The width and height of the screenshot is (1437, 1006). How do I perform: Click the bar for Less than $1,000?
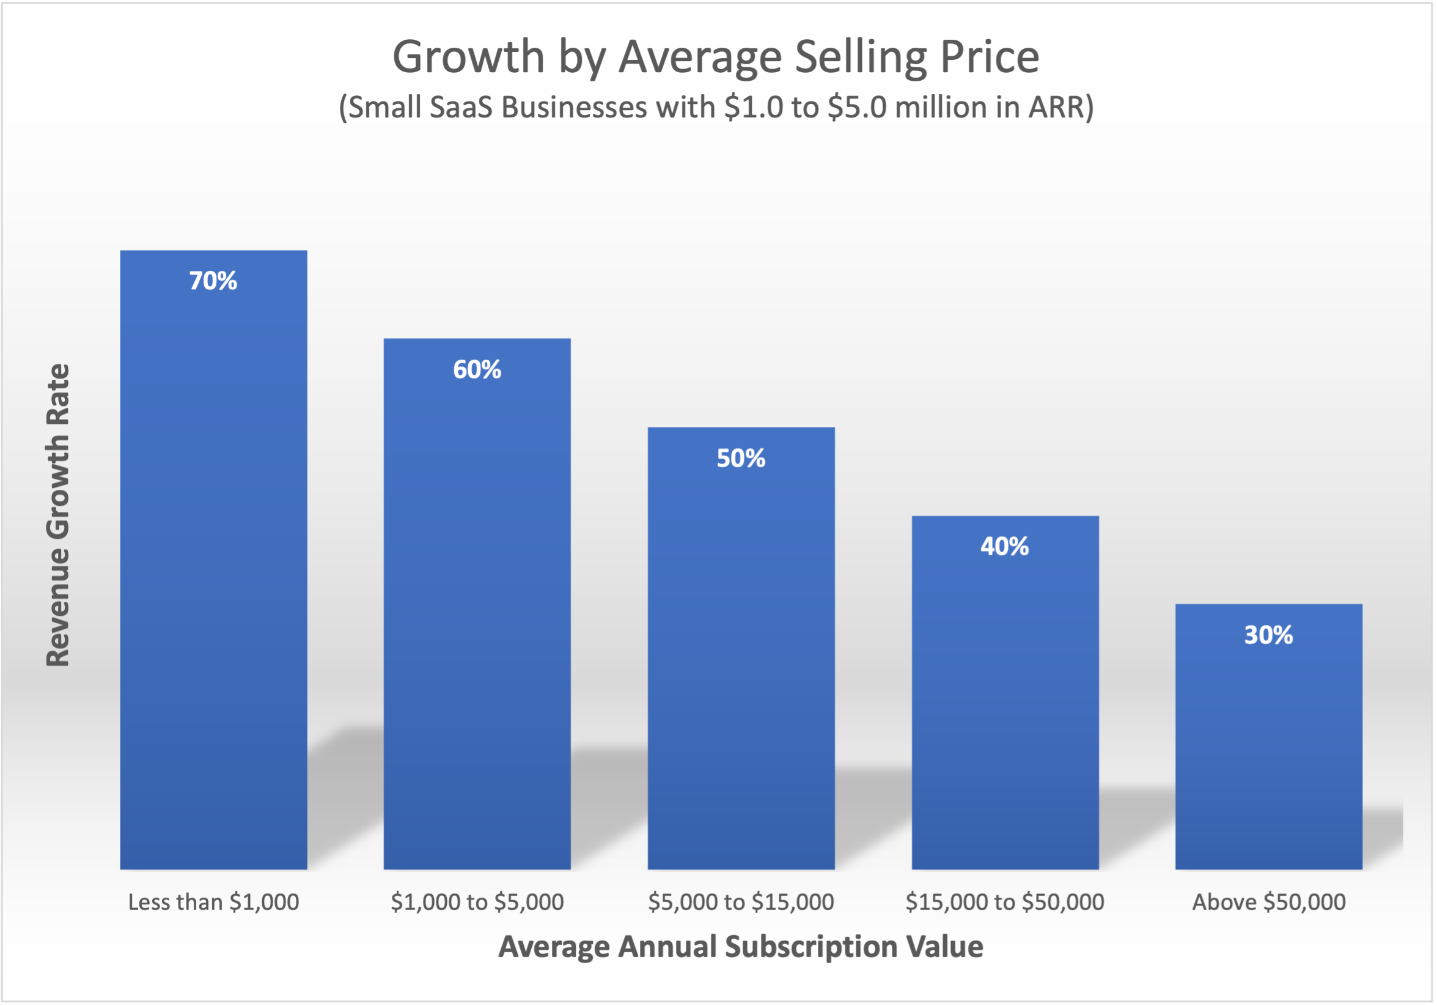(x=213, y=563)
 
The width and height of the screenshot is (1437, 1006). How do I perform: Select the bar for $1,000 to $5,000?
(x=477, y=607)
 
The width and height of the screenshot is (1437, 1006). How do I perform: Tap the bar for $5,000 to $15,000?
(x=741, y=651)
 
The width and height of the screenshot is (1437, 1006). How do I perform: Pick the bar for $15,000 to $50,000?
(x=1005, y=695)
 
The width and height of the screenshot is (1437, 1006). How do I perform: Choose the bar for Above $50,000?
(x=1269, y=739)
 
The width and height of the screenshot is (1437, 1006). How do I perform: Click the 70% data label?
(x=213, y=281)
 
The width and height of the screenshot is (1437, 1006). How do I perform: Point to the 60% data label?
(x=477, y=369)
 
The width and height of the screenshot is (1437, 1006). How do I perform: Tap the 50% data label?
(x=741, y=458)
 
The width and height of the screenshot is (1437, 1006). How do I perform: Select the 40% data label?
(x=1004, y=547)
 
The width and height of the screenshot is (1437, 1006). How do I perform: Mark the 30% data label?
(x=1269, y=635)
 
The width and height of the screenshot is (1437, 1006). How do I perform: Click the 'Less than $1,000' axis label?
(x=213, y=902)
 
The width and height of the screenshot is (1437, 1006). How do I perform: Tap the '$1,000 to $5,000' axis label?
(x=477, y=902)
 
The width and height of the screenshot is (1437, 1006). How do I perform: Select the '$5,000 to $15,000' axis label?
(x=741, y=902)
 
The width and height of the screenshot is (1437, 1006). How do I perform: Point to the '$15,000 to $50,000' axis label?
(x=1004, y=902)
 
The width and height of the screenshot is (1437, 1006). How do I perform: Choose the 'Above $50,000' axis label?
(x=1269, y=902)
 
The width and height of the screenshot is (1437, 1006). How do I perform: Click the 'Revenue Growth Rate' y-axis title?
(x=58, y=514)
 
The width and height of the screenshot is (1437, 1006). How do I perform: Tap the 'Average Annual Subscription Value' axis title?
(x=740, y=947)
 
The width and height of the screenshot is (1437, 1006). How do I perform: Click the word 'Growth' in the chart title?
(x=469, y=57)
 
